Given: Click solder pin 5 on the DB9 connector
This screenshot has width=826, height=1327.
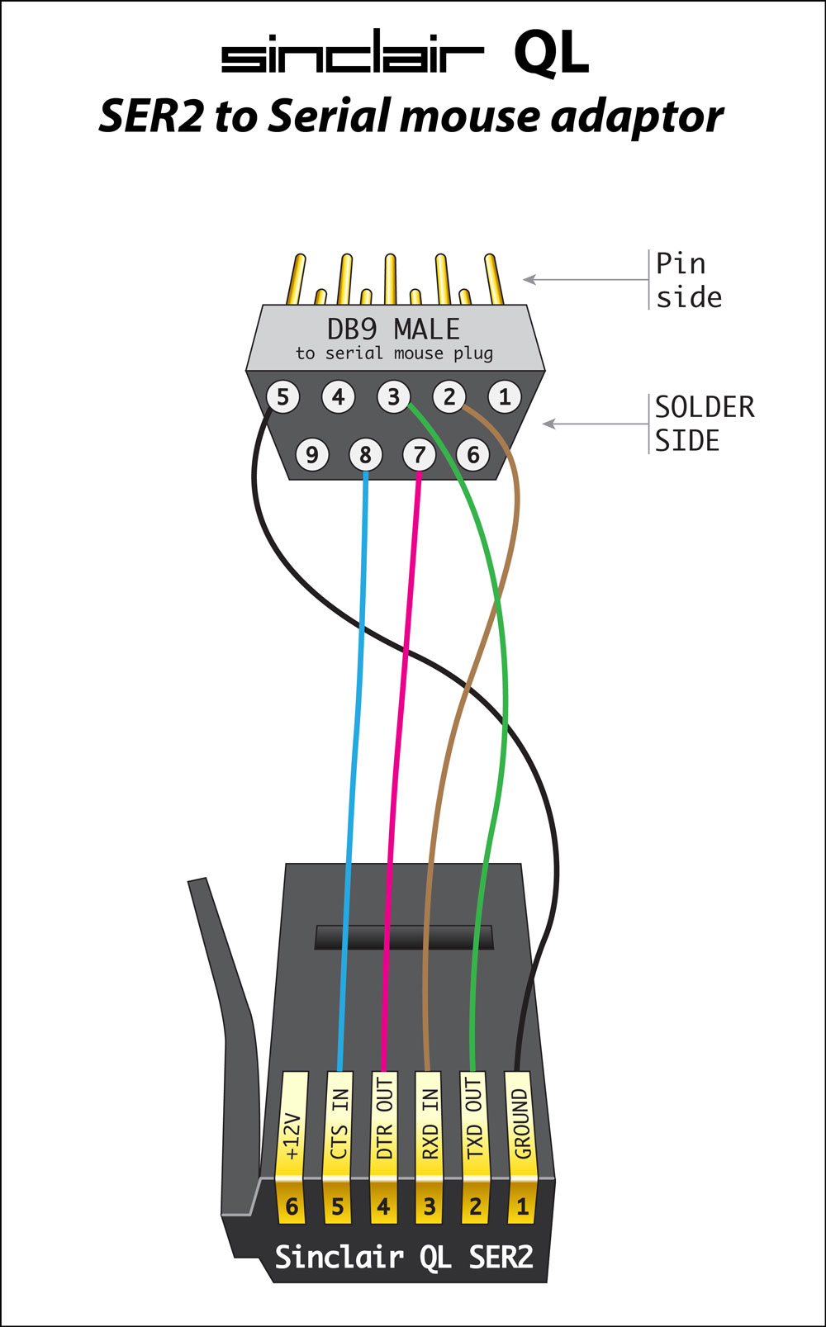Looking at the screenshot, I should pos(282,397).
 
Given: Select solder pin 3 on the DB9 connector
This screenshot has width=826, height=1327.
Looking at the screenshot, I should pos(393,397).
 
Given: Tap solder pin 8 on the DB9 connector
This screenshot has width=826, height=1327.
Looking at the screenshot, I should pos(365,454).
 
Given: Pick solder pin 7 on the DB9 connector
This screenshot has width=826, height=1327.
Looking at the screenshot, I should pos(420,454).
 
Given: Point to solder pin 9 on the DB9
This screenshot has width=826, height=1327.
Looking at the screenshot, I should pos(311,454).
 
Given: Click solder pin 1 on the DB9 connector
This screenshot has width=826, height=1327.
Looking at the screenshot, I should pos(505,397).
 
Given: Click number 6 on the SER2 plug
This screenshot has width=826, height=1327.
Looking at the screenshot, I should pos(292,1207).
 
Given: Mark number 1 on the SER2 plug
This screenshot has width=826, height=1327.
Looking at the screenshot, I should pos(521,1207).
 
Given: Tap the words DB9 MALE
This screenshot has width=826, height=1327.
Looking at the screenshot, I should pos(393,329).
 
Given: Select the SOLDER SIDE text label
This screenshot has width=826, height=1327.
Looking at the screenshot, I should pos(704,424).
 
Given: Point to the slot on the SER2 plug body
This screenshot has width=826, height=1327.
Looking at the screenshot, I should pos(404,937).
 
